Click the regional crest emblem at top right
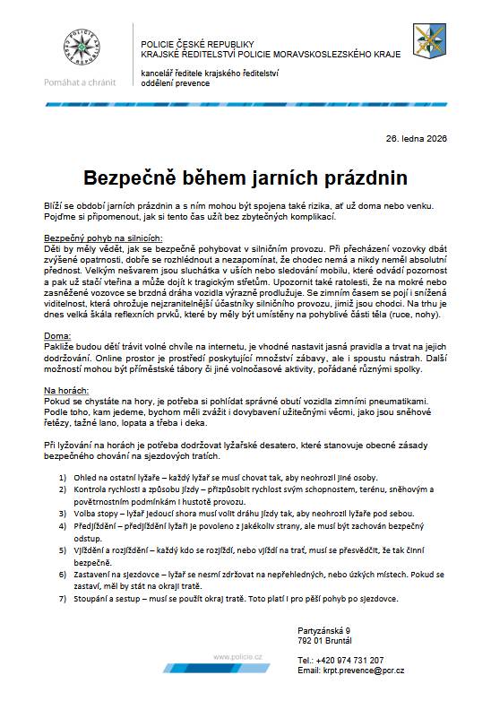click(x=425, y=42)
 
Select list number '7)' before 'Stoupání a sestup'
click(x=64, y=598)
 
